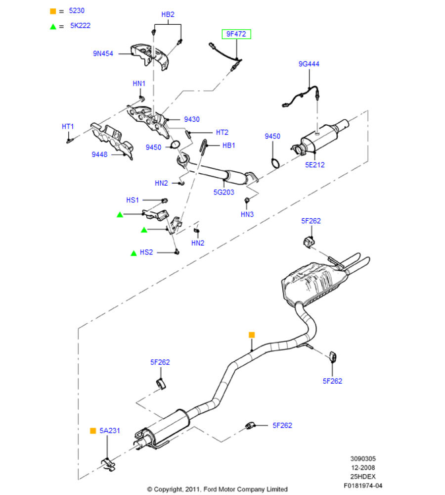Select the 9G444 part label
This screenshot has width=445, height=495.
click(309, 64)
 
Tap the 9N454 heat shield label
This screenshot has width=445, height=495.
click(103, 53)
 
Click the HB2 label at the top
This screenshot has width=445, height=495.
click(168, 14)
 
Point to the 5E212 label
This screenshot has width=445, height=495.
click(314, 165)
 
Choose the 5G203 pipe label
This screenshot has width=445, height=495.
click(223, 192)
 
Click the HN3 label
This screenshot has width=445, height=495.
click(247, 214)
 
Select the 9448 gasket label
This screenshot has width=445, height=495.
click(99, 154)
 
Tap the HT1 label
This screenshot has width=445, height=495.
click(68, 127)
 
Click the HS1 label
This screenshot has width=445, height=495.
click(133, 200)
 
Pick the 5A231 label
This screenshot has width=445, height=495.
click(110, 431)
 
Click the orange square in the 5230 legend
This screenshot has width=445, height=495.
click(52, 10)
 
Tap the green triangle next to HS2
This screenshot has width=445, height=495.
click(133, 253)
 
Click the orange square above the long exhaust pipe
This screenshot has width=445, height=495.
click(251, 335)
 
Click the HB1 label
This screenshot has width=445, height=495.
click(229, 145)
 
